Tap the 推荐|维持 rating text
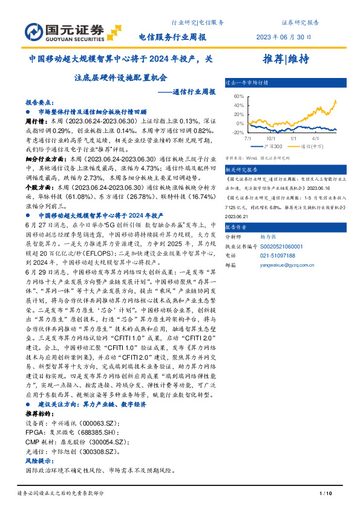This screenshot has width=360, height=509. (x=286, y=59)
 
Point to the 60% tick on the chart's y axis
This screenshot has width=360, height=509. (x=238, y=96)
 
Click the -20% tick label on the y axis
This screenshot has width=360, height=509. (x=237, y=132)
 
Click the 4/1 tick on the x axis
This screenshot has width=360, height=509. (x=315, y=138)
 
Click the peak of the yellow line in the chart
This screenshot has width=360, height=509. (x=335, y=101)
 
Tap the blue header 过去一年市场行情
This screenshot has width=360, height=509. (x=246, y=82)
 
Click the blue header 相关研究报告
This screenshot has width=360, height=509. (x=241, y=170)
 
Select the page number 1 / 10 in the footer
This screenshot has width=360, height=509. (x=324, y=494)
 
